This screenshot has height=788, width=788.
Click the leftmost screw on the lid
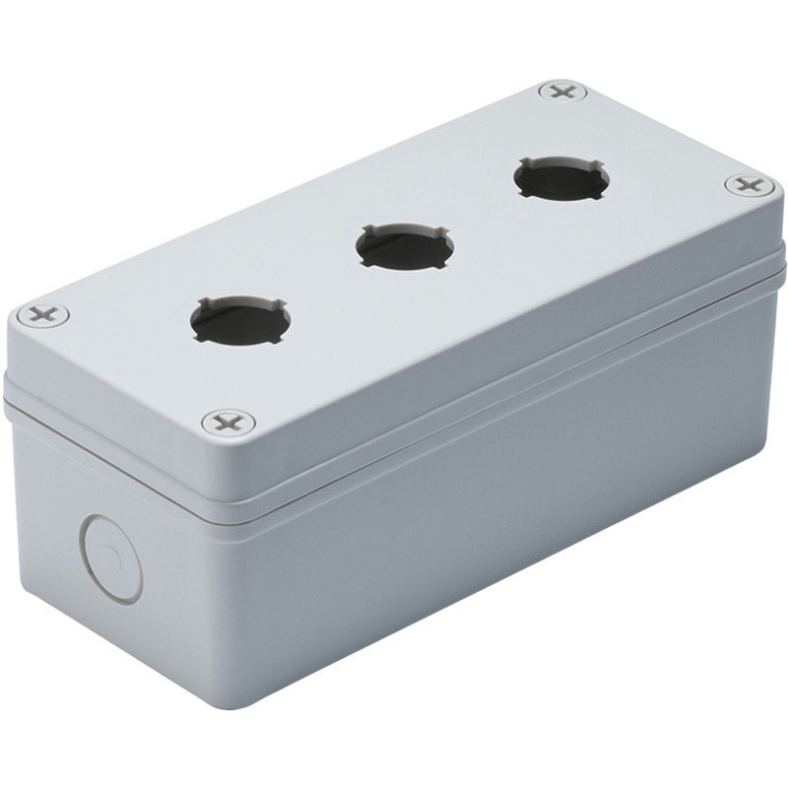[x=42, y=316]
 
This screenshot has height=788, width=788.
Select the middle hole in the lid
[x=405, y=250]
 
